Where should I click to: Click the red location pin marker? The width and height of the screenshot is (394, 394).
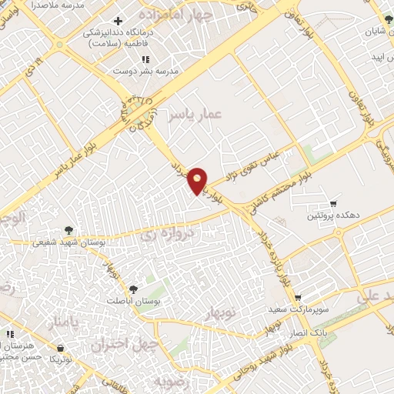[x=199, y=180]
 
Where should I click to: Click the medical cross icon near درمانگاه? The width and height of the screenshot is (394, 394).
[x=117, y=21]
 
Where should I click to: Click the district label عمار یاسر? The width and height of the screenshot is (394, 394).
[x=199, y=114]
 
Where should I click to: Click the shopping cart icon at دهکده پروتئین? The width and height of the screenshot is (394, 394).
[x=332, y=204]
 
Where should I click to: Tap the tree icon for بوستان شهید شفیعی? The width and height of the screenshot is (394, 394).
[x=69, y=229]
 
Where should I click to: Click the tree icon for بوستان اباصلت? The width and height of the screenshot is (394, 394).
[x=133, y=289]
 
